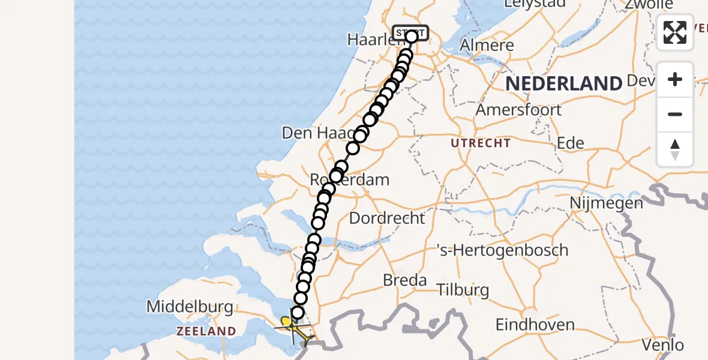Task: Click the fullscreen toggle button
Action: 675,32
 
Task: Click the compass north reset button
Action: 675,149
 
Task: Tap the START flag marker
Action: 410,32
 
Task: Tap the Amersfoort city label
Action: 518,110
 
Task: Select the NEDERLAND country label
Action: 563,83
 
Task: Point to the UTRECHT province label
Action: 482,143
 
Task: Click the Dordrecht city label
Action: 387,218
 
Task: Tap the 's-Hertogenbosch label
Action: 502,250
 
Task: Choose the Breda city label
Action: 405,280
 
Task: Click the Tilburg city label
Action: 463,290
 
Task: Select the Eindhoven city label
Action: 535,325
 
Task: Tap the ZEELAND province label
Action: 206,331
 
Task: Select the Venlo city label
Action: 662,345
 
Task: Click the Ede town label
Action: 571,143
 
